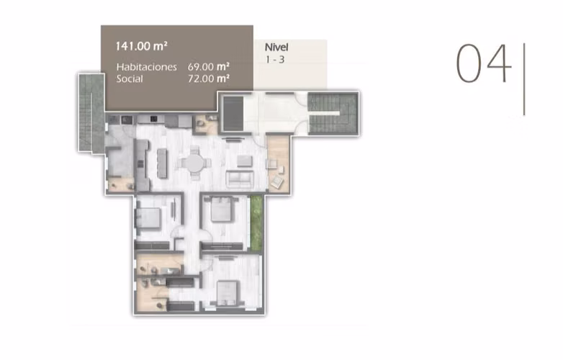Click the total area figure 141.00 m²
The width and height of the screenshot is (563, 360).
(x=141, y=46)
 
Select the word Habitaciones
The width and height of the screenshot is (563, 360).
(x=146, y=67)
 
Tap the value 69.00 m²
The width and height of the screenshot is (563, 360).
(x=209, y=67)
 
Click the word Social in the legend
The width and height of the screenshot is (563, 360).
(x=130, y=79)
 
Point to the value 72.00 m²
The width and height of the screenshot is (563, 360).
(x=209, y=78)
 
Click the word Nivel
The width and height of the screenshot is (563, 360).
(x=276, y=47)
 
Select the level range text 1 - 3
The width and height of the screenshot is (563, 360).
(x=275, y=60)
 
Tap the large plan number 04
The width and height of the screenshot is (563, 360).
(x=483, y=63)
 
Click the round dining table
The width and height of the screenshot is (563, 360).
(x=194, y=163)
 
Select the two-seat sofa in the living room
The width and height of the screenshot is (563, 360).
(x=240, y=179)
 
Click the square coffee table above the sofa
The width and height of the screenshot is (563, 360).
(x=245, y=161)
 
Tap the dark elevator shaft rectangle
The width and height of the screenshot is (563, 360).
(x=233, y=113)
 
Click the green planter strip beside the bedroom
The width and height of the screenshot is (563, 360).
(x=256, y=222)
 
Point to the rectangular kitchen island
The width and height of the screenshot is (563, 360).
(x=162, y=163)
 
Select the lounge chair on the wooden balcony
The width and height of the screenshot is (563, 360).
(x=277, y=182)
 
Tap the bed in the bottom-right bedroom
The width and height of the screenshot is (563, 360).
(x=228, y=293)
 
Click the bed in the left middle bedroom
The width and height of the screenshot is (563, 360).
(x=148, y=217)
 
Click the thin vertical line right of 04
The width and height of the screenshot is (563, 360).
(x=524, y=79)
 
